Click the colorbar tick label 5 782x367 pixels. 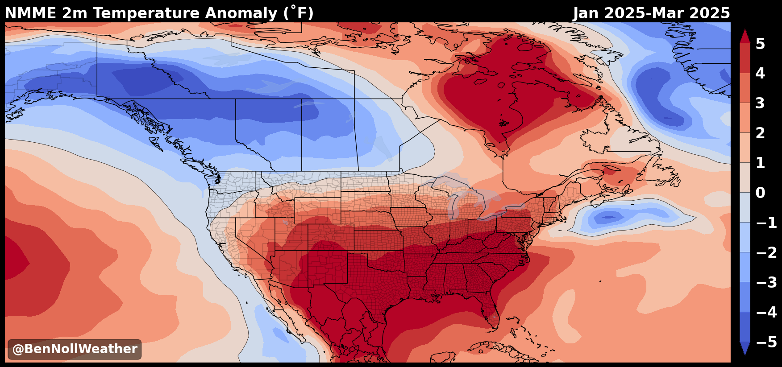pos(760,44)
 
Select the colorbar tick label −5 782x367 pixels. pos(766,342)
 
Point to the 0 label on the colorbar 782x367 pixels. pos(760,193)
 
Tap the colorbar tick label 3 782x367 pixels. pos(760,103)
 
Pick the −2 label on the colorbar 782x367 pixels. pos(766,252)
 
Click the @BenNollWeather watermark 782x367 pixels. pos(75,349)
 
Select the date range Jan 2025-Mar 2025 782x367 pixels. pos(651,13)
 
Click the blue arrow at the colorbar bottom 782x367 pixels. pos(745,348)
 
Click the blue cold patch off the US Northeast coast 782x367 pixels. pos(609,218)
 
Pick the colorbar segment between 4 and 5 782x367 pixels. pos(745,58)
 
